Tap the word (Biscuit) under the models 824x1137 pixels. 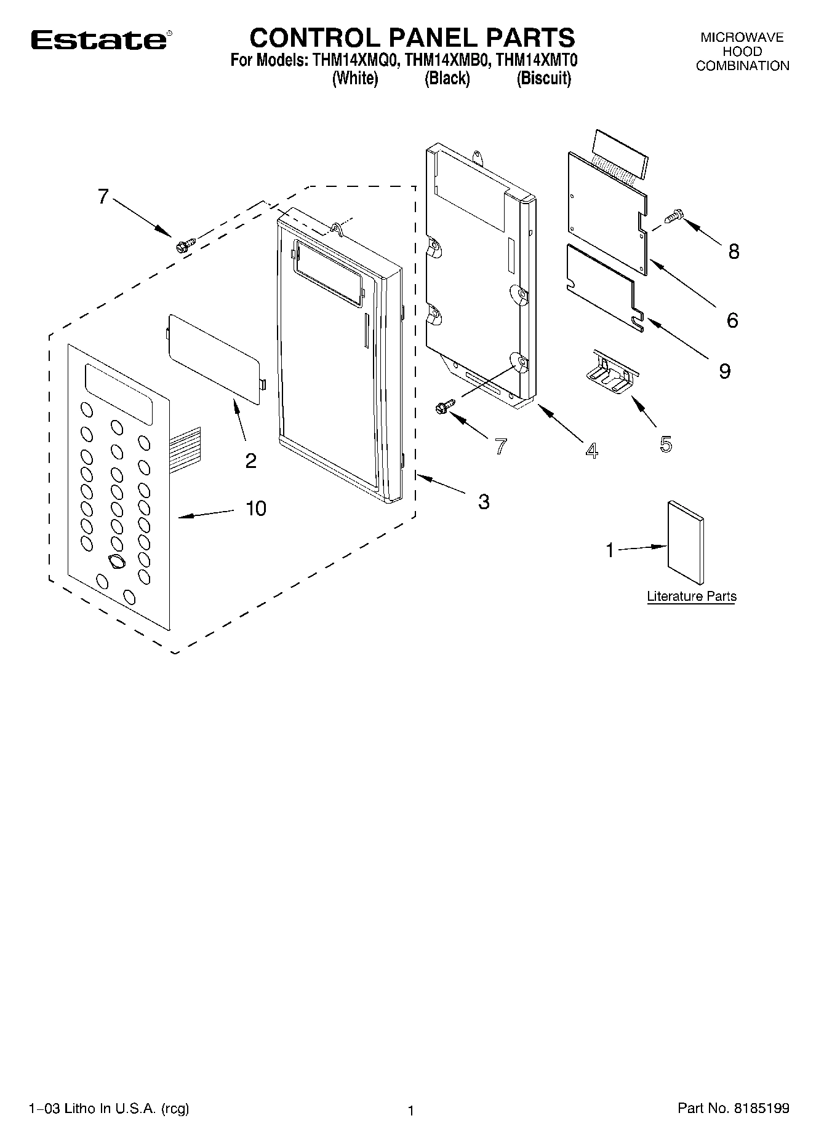543,79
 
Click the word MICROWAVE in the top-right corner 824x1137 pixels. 742,38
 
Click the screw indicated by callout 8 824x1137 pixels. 674,216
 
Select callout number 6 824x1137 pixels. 732,320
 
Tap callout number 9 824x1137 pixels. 724,371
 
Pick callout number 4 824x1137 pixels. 591,451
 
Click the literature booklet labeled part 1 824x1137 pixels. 686,542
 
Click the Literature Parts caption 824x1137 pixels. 691,596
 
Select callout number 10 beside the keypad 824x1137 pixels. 256,509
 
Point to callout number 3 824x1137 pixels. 484,502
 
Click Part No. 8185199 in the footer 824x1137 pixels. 733,1109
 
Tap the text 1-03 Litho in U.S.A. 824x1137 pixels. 109,1109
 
